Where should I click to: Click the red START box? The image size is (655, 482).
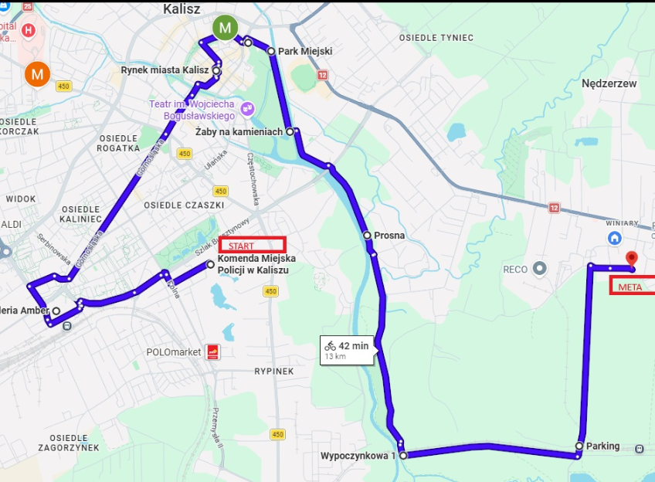click(x=253, y=245)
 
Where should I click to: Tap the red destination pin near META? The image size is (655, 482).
click(x=631, y=259)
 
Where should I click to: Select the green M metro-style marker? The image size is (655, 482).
click(x=225, y=29)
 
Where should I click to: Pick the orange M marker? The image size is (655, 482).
click(x=36, y=74)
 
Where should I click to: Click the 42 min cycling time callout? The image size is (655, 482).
click(x=347, y=350)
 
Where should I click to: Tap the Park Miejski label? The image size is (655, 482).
click(x=305, y=52)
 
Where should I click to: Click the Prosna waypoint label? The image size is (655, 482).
click(x=389, y=236)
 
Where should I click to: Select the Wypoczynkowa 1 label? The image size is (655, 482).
click(x=358, y=456)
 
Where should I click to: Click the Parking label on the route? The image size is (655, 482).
click(x=602, y=446)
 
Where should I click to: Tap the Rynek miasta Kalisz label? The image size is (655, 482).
click(x=165, y=70)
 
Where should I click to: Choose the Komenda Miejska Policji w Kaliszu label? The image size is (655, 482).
click(x=253, y=264)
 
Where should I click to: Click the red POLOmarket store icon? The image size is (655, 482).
click(x=212, y=352)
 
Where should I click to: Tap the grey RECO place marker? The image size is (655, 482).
click(x=540, y=269)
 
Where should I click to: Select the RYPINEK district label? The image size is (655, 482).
click(x=274, y=372)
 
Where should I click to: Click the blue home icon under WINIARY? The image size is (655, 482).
click(x=615, y=238)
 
